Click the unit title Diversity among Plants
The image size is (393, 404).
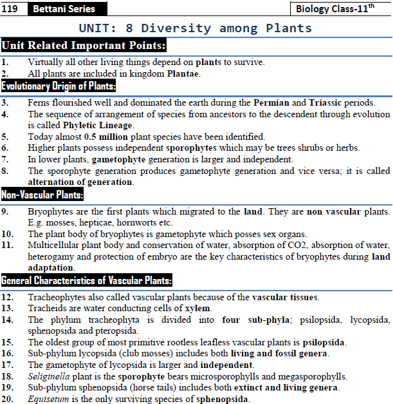195,28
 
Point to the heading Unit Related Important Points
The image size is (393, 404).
84,46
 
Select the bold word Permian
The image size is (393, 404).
271,102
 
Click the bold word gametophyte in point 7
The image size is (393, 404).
119,159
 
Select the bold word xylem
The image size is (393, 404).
197,308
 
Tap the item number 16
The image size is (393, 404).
8,353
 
